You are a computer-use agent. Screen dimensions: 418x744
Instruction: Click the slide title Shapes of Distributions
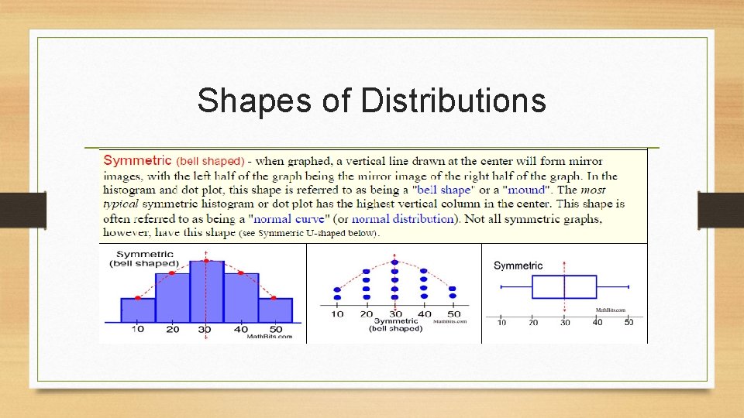click(371, 101)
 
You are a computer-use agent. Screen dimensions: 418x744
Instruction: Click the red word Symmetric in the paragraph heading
click(137, 161)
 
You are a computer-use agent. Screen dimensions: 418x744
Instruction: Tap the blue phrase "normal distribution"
click(402, 219)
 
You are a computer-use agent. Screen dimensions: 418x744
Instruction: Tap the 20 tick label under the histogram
click(172, 330)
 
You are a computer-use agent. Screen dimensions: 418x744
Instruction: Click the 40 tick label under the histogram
click(241, 330)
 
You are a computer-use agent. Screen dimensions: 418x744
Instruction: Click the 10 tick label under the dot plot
click(337, 313)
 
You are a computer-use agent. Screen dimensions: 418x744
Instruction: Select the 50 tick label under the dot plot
click(453, 313)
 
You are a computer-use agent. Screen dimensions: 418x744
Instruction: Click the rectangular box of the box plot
click(564, 286)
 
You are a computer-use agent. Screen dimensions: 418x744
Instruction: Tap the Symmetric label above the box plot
click(518, 266)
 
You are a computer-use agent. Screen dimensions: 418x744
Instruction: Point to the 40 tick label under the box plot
click(597, 322)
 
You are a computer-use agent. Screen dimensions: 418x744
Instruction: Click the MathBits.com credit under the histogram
click(270, 337)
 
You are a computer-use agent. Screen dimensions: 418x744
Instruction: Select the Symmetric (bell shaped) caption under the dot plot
click(395, 324)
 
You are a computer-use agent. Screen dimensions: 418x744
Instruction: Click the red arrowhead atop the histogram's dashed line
click(206, 254)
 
